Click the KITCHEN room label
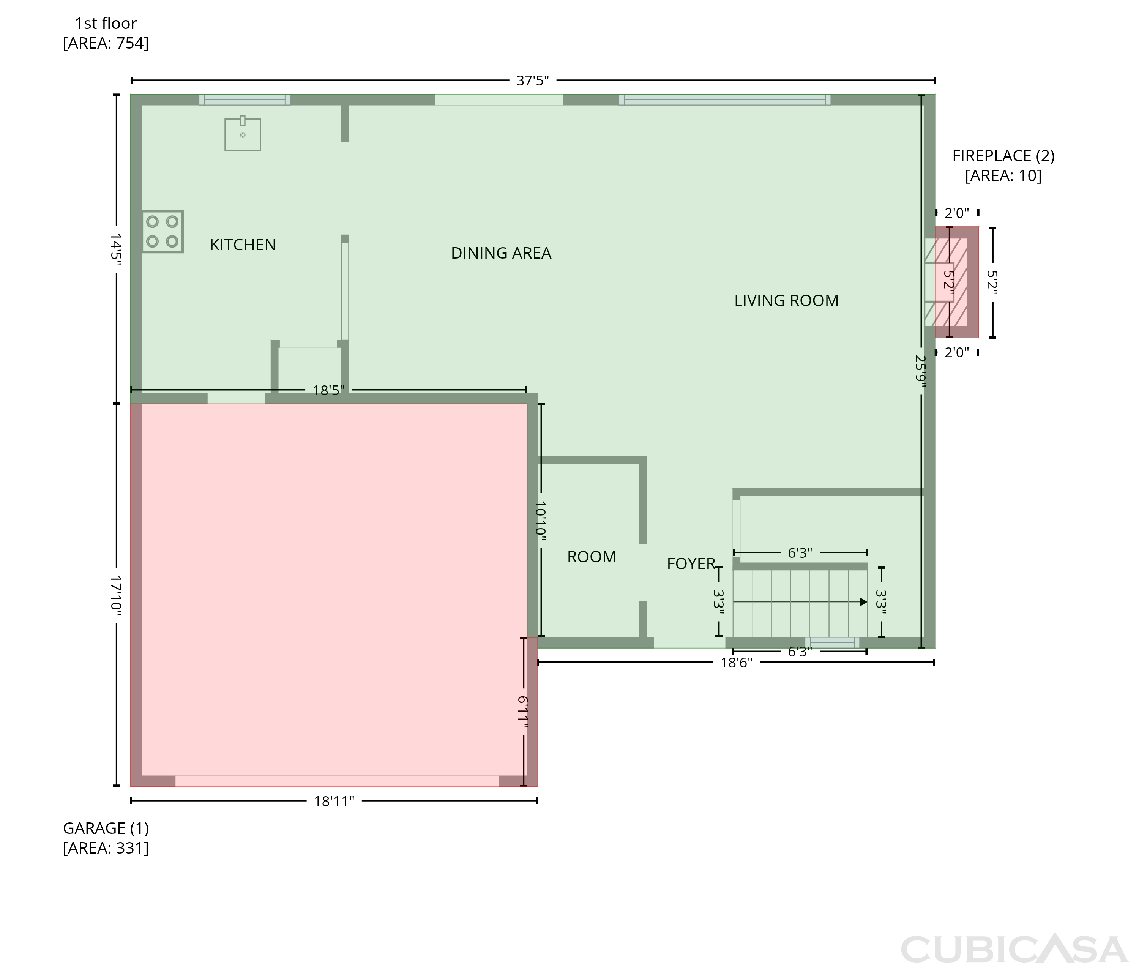pos(243,245)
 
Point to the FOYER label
pos(691,563)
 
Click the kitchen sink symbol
pos(243,134)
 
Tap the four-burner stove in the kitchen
pos(163,232)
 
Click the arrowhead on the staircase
pos(863,602)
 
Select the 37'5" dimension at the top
pos(533,81)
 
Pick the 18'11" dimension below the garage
pos(334,801)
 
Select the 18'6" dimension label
pos(736,663)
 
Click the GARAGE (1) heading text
pos(106,828)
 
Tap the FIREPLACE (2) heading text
pos(1003,156)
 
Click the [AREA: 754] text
pos(106,43)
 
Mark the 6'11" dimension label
pos(523,713)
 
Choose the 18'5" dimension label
pos(329,390)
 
